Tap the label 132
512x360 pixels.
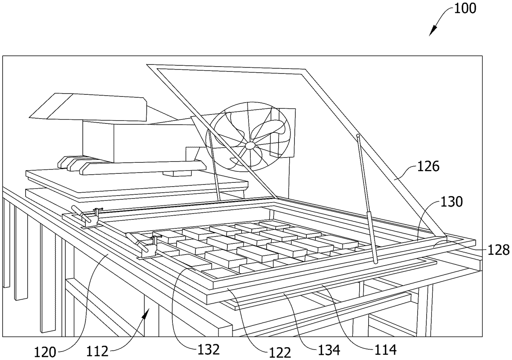tap(209, 350)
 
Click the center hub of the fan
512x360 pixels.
tap(250, 146)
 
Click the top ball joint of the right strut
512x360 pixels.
tap(358, 137)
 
